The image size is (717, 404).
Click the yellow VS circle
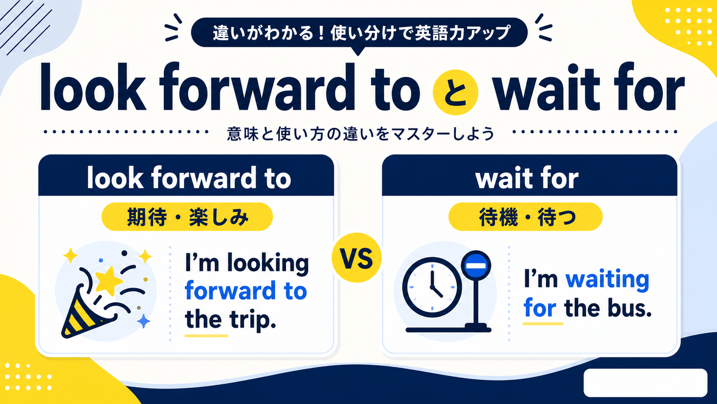tap(357, 258)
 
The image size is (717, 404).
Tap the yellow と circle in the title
tap(455, 92)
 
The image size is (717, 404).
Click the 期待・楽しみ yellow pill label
tap(187, 217)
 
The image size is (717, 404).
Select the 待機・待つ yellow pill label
tap(526, 217)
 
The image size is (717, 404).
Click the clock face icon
tap(432, 287)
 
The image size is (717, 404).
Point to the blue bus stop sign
tap(476, 266)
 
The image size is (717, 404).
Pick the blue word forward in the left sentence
tap(230, 291)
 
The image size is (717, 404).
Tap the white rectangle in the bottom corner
tap(645, 383)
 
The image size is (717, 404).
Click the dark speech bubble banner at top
tap(359, 33)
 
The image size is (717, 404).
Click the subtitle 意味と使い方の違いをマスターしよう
tap(360, 134)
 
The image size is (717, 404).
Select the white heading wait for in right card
tap(527, 178)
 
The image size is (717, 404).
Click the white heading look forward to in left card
tap(189, 178)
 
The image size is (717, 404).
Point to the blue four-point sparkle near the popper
tap(143, 321)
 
